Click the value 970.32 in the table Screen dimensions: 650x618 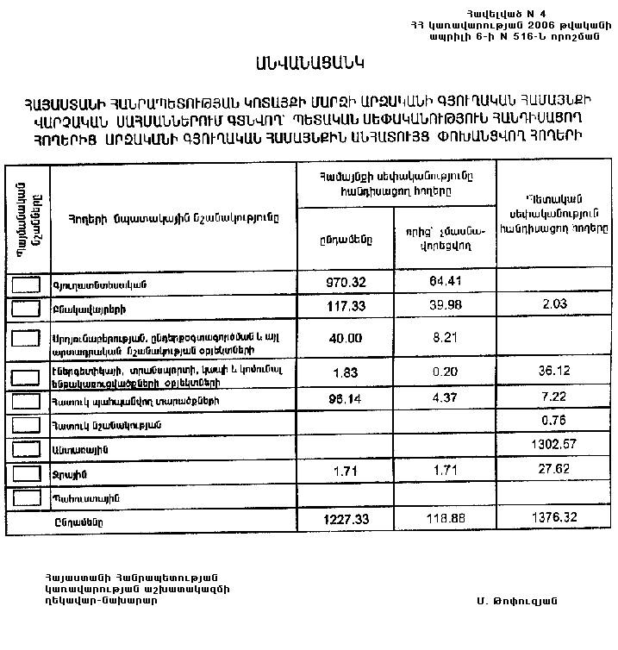point(346,281)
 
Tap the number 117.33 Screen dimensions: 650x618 point(346,306)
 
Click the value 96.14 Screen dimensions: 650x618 point(346,401)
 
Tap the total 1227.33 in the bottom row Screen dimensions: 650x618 point(346,521)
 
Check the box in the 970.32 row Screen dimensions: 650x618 point(28,284)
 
